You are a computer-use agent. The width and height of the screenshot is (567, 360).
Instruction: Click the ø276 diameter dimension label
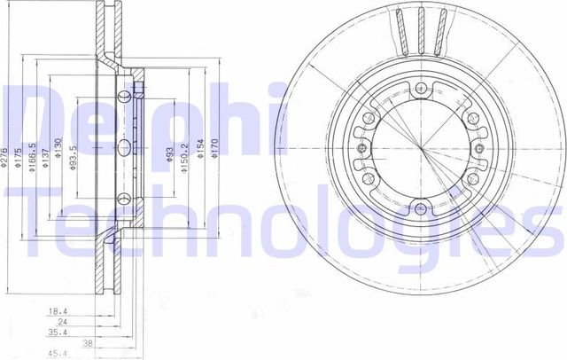pos(5,157)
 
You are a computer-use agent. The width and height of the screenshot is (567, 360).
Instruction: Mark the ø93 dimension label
pos(169,157)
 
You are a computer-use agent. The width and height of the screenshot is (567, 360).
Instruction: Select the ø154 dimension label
pos(201,156)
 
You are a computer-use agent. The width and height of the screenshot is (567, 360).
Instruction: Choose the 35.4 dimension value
pos(57,333)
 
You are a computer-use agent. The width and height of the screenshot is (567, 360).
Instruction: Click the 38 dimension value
pos(87,343)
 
